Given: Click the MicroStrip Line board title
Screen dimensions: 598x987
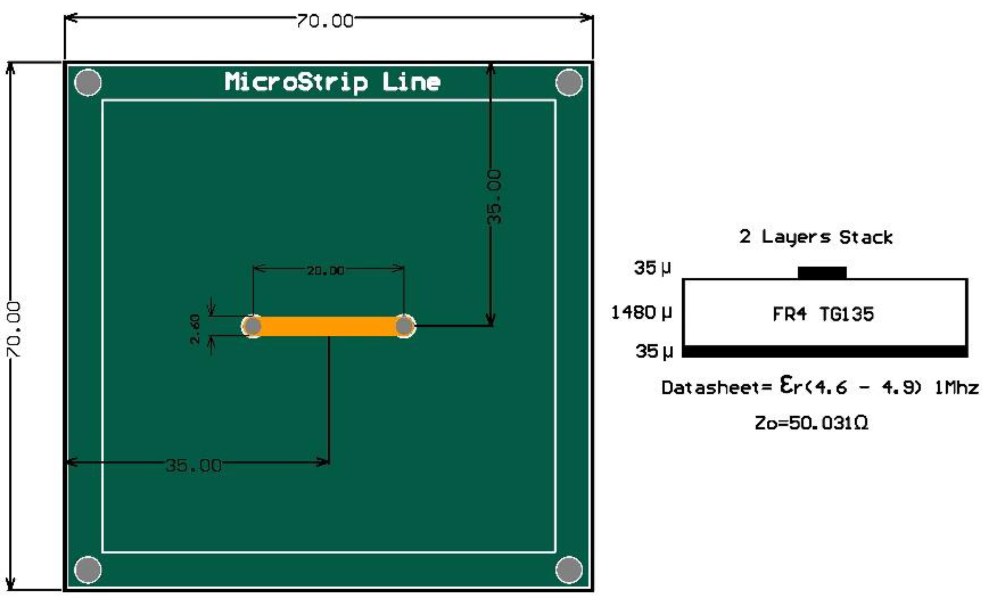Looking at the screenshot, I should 332,82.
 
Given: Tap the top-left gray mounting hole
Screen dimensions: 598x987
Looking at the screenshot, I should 88,82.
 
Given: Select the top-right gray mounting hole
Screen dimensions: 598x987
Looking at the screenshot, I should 569,82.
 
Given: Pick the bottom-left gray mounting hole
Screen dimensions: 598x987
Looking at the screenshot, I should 88,570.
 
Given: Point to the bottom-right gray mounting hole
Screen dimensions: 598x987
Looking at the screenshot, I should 569,570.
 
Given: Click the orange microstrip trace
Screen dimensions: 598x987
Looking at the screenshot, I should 328,326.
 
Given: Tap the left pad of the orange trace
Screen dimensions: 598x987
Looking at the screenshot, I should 252,326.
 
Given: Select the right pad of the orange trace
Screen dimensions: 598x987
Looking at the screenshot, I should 404,326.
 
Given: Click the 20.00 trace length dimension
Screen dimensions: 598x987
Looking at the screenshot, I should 326,271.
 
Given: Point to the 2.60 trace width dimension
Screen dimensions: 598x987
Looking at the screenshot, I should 195,329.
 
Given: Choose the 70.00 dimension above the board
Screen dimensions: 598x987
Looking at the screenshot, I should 325,21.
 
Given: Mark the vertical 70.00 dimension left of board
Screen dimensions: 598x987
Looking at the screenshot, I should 14,329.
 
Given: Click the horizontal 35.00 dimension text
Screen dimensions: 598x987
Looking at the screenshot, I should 194,465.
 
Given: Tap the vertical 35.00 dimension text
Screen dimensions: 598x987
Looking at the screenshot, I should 495,197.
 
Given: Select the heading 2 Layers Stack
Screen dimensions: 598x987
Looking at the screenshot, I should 816,237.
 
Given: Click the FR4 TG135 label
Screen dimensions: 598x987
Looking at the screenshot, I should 823,314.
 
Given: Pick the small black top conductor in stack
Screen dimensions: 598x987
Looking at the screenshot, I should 822,273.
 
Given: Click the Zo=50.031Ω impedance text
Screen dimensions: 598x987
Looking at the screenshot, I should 811,423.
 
